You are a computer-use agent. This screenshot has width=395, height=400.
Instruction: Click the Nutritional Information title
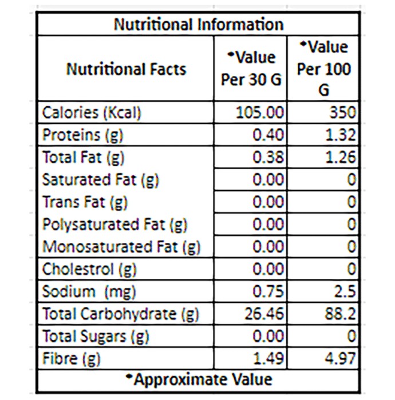click(x=199, y=25)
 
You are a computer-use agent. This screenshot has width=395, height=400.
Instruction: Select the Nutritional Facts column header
click(x=126, y=69)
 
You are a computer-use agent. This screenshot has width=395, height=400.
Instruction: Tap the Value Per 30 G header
click(x=251, y=69)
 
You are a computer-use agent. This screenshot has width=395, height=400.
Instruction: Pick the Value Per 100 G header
click(x=323, y=69)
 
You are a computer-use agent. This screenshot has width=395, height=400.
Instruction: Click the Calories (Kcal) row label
click(x=92, y=113)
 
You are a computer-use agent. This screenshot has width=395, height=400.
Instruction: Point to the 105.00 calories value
click(x=259, y=113)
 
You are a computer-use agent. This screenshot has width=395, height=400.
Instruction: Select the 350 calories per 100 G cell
click(x=342, y=113)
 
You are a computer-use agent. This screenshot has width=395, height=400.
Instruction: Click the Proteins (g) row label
click(x=82, y=135)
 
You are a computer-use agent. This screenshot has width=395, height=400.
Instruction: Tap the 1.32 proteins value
click(x=340, y=135)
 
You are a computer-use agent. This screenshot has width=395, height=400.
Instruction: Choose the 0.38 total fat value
click(x=268, y=157)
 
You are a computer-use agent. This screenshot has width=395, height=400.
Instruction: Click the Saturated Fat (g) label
click(x=100, y=180)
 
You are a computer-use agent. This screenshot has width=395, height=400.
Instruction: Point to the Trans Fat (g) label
click(x=85, y=202)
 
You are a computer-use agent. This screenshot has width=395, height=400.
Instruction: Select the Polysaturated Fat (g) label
click(x=114, y=225)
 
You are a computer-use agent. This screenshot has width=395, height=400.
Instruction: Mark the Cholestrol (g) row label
click(x=89, y=269)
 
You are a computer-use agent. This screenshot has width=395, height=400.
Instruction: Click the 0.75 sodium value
click(x=268, y=291)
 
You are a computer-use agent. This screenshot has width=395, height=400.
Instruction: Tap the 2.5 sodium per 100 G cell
click(x=345, y=291)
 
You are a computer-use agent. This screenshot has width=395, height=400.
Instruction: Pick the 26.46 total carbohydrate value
click(x=264, y=314)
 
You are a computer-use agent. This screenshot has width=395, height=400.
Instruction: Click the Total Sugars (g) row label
click(x=96, y=337)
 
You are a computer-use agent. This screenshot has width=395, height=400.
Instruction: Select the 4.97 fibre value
click(x=340, y=358)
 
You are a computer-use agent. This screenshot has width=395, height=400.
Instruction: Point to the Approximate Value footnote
click(x=199, y=379)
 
